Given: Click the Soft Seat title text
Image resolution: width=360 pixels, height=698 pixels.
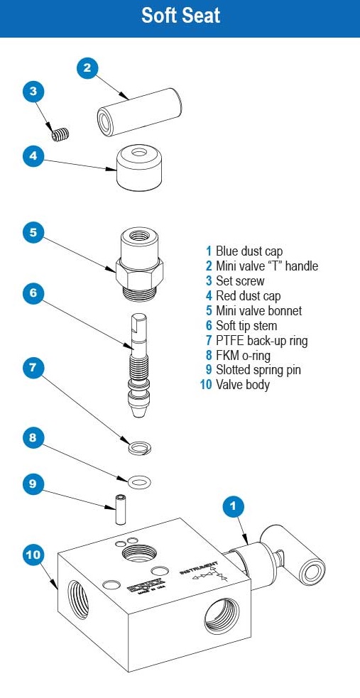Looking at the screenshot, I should (180, 16).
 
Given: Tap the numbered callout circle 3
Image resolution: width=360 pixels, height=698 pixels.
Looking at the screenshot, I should (33, 92).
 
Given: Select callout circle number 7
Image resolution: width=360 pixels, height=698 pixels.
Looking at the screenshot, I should (33, 369).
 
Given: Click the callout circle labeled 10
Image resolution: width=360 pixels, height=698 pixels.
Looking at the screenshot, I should (33, 555).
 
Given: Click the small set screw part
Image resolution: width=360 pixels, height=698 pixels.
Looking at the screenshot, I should (62, 132).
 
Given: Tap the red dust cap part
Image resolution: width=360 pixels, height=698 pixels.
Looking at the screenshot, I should (137, 168).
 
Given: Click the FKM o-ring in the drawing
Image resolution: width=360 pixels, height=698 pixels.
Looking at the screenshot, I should (140, 482).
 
